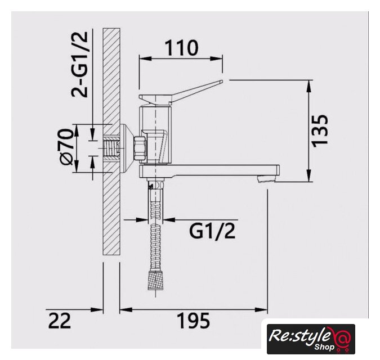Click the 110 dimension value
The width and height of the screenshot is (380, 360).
(181, 48)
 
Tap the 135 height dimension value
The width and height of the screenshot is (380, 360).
(320, 130)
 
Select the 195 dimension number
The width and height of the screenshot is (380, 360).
(194, 321)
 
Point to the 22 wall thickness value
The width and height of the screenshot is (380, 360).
(59, 321)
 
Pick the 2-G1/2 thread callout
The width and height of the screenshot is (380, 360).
(79, 64)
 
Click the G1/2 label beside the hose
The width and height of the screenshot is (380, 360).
(212, 231)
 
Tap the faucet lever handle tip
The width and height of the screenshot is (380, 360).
(221, 82)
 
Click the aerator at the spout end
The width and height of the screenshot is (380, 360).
(266, 178)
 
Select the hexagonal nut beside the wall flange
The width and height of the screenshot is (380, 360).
(140, 148)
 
